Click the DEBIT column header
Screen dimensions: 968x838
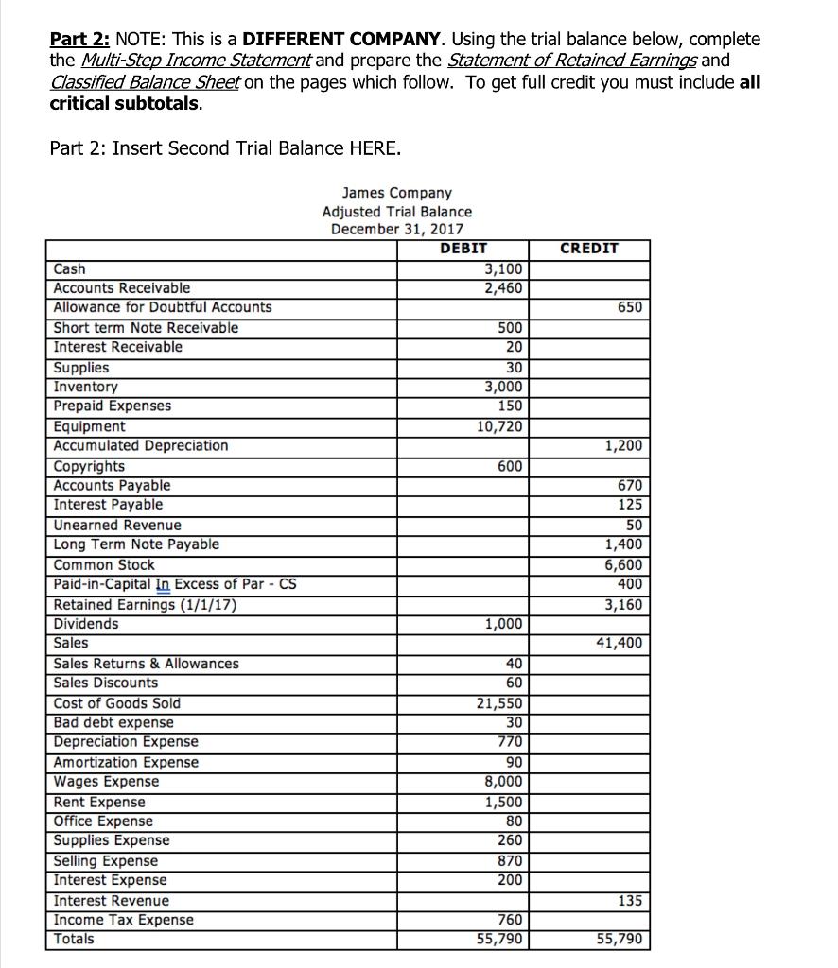point(463,248)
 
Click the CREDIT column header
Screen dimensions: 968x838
point(589,248)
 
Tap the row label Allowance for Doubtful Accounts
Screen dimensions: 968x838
point(163,307)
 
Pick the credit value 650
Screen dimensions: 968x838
point(630,307)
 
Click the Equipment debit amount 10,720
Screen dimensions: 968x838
point(496,425)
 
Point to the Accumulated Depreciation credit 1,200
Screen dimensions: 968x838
point(623,445)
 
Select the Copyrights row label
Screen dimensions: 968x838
point(89,466)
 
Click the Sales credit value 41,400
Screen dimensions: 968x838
point(620,643)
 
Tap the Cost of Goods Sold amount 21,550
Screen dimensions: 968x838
point(496,703)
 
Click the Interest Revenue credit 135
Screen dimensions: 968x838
point(630,900)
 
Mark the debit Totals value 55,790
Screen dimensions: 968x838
point(496,940)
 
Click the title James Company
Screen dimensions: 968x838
point(396,193)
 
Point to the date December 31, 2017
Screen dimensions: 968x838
point(396,230)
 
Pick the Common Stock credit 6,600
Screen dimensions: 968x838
point(623,564)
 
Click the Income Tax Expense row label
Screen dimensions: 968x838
point(124,920)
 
